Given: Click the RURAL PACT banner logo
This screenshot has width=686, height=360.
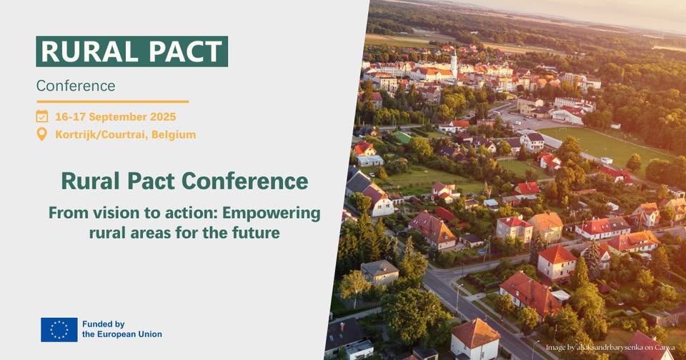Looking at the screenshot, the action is [x=131, y=51].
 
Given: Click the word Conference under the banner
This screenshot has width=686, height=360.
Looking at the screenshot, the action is [x=76, y=86].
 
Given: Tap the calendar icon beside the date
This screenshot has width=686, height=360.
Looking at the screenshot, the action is [x=42, y=116].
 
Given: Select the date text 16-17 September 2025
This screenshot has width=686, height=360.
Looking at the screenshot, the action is [x=116, y=117].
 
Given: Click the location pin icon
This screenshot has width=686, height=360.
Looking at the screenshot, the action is [x=41, y=134].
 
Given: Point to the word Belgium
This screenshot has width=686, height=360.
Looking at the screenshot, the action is [x=174, y=135].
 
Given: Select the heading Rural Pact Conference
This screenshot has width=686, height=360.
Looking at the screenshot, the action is [x=184, y=181].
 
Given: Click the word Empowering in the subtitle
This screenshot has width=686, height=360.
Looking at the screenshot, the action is [x=272, y=214].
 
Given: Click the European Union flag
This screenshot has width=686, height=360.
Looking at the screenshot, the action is [x=59, y=330].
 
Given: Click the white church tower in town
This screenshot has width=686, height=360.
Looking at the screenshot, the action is [x=454, y=63].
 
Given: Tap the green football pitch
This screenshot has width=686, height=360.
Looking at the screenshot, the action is [x=604, y=145].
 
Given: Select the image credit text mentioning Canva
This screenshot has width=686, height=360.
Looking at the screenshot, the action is [x=610, y=348].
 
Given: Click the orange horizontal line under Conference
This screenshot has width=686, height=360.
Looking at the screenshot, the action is [x=112, y=101].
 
